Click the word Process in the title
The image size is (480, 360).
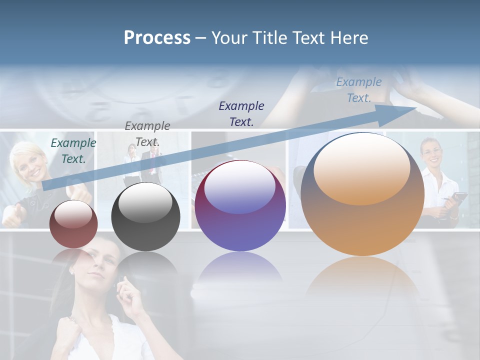[157, 38]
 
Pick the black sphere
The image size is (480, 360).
[145, 217]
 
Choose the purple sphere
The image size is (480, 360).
[240, 206]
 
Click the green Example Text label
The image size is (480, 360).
[73, 150]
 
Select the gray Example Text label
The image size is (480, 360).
[147, 133]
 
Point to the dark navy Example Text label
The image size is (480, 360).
[241, 113]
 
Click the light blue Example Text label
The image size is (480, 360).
[359, 89]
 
